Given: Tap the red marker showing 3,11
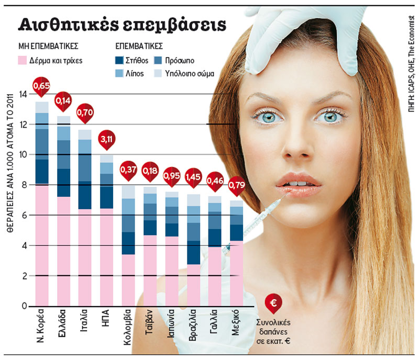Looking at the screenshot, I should pyautogui.click(x=107, y=139).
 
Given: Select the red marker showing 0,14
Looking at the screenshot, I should pyautogui.click(x=63, y=100).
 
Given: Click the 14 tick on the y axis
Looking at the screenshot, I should pyautogui.click(x=23, y=94).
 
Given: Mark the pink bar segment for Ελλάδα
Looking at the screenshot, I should pyautogui.click(x=63, y=251).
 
